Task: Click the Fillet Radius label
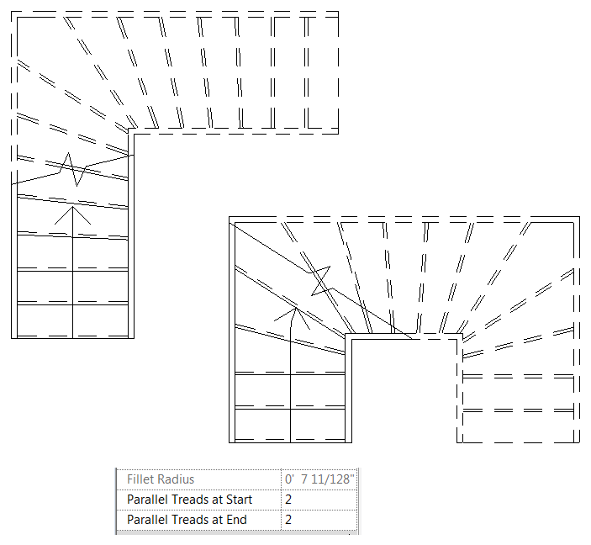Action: coord(161,479)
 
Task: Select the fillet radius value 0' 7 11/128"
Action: coord(319,479)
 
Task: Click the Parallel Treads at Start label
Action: coord(189,500)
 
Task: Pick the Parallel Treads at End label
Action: coord(187,520)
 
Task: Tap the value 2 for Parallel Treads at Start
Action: coord(288,500)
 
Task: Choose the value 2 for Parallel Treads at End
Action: coord(288,520)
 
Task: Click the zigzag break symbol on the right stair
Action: coord(319,282)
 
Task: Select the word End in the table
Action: coord(235,520)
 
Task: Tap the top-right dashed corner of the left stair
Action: coord(338,13)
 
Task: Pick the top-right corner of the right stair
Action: coord(578,219)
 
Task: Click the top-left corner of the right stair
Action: coord(231,220)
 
